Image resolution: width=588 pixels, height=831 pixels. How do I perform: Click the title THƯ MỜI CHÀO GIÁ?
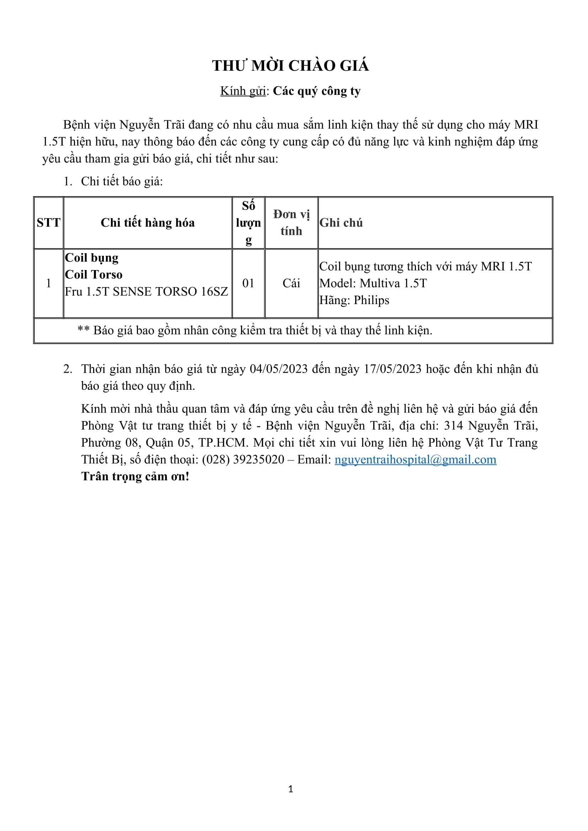click(x=290, y=66)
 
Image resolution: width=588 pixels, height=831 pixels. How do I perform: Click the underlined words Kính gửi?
click(x=243, y=91)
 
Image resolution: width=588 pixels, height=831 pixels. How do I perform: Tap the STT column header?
click(x=48, y=223)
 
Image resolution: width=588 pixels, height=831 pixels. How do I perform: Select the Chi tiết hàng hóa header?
click(x=148, y=223)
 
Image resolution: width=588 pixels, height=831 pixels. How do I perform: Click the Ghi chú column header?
click(x=341, y=223)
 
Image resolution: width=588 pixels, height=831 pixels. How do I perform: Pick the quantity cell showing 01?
click(x=248, y=283)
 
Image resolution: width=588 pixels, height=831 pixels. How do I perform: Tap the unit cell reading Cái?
click(x=291, y=283)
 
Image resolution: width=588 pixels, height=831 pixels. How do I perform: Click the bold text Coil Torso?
click(x=94, y=275)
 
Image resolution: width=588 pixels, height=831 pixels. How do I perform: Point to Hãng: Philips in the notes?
click(x=354, y=301)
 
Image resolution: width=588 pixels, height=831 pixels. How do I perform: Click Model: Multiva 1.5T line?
click(x=373, y=283)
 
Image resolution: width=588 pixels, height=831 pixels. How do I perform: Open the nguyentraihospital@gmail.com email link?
click(x=415, y=460)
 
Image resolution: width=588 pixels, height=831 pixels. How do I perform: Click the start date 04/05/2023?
click(x=279, y=369)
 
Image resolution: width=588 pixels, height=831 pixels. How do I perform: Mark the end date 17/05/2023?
click(x=392, y=369)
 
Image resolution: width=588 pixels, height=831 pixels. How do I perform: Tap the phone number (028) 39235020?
click(x=243, y=460)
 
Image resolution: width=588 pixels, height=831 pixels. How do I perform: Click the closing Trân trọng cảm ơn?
click(x=135, y=477)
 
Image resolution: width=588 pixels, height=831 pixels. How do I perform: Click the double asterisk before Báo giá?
click(x=84, y=330)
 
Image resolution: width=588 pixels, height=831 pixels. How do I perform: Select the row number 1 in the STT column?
click(x=48, y=283)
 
